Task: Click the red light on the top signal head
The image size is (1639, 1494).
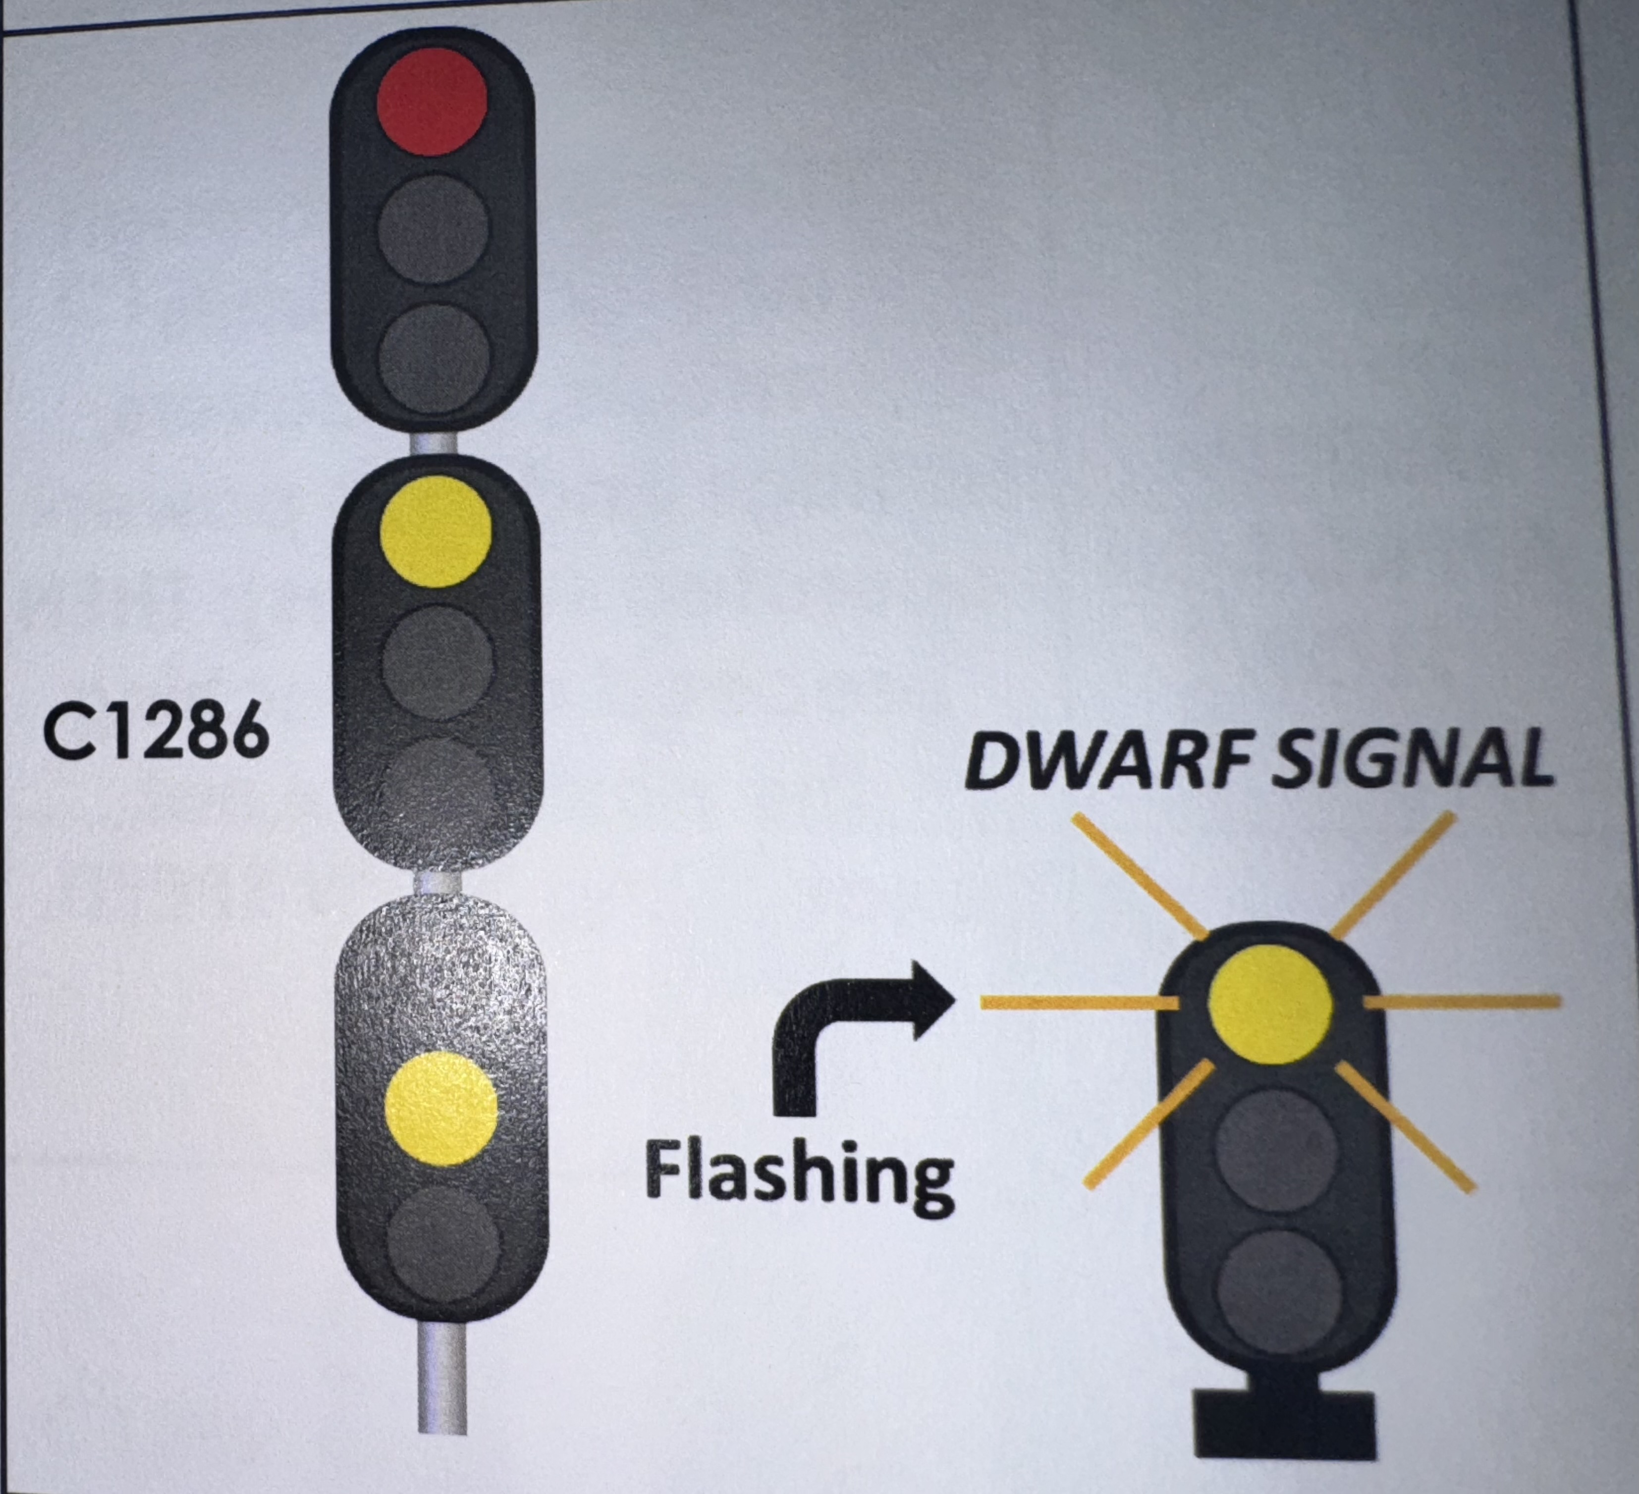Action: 432,101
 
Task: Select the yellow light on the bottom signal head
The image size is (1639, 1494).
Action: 440,1108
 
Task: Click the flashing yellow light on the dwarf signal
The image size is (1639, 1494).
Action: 1270,1006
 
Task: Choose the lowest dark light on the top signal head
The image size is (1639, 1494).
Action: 435,358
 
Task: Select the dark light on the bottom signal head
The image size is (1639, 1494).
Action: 443,1242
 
